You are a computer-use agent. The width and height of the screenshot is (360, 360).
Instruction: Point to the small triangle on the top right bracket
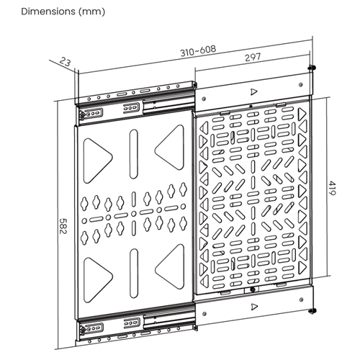pyautogui.click(x=253, y=91)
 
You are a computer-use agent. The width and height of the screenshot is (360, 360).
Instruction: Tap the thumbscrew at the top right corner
pyautogui.click(x=312, y=68)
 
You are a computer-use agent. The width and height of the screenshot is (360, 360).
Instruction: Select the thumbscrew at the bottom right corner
pyautogui.click(x=312, y=310)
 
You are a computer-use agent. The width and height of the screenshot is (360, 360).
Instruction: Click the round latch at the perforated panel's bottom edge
pyautogui.click(x=253, y=291)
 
